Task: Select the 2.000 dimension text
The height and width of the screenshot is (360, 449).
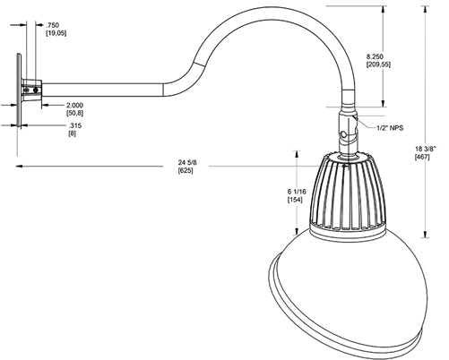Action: (x=74, y=106)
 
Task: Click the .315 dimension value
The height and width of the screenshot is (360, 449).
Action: (x=74, y=125)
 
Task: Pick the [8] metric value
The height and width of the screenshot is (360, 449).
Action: (x=72, y=134)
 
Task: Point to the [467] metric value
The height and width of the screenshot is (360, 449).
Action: (x=422, y=157)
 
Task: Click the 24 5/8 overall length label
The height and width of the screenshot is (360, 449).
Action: (x=187, y=161)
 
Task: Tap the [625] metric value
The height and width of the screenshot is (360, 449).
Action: (x=186, y=170)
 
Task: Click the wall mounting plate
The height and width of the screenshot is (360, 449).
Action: (x=19, y=90)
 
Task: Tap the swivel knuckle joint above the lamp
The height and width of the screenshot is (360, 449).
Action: (x=348, y=133)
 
